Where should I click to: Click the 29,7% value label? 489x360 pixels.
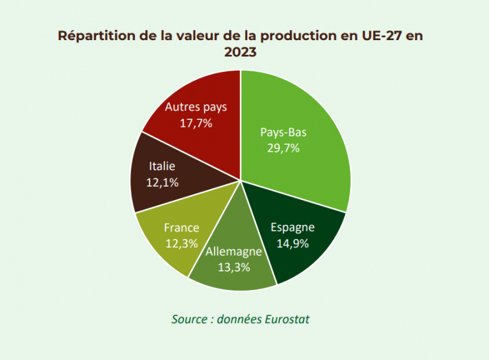pos(284,148)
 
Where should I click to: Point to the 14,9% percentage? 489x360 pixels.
pos(292,242)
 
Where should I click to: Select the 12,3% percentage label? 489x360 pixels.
pos(181,243)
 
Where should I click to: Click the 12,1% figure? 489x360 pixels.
pos(162,182)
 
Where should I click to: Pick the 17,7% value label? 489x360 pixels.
pos(195,123)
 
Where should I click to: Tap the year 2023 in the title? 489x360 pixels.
pos(240,52)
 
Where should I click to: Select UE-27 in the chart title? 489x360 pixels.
pos(380,36)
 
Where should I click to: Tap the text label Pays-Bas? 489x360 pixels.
pos(284,133)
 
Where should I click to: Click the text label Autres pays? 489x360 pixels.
pos(195,107)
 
